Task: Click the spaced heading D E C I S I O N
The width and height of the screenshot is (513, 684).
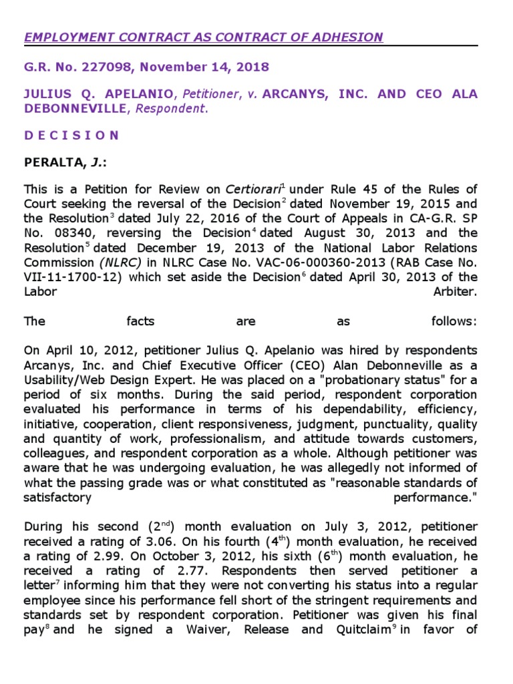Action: click(71, 135)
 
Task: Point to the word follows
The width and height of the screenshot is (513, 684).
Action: click(454, 321)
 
